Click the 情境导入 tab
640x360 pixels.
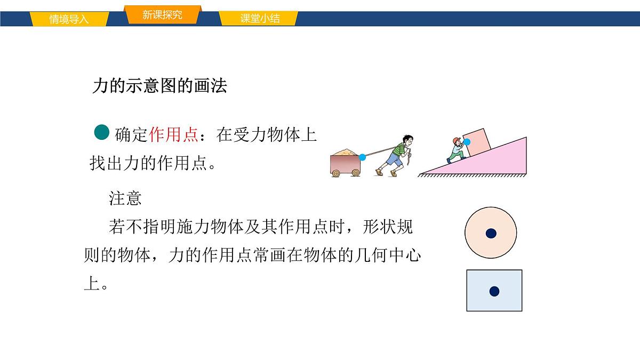click(69, 20)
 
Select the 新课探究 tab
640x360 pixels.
click(162, 15)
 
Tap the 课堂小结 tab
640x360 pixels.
click(260, 19)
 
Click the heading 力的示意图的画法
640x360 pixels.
click(160, 86)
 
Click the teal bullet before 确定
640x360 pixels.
click(101, 132)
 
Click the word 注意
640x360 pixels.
click(125, 198)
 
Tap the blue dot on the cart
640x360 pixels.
click(363, 157)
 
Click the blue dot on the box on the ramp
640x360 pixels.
click(467, 142)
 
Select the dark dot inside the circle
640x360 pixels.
click(491, 233)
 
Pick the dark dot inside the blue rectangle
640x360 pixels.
click(494, 291)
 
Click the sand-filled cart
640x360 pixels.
click(345, 162)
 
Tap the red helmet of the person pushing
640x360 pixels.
click(457, 141)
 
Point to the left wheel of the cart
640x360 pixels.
click(336, 173)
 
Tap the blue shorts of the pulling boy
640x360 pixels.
click(394, 158)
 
